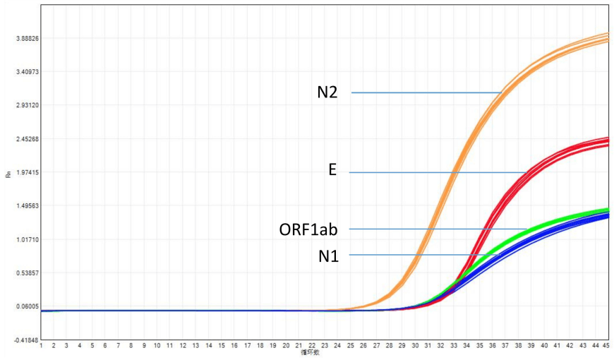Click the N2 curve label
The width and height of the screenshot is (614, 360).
[x=327, y=92]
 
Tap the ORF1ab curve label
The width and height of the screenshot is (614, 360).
[x=308, y=229]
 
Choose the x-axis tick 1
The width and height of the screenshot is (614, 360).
[x=41, y=346]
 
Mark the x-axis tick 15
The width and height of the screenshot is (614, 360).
[x=222, y=346]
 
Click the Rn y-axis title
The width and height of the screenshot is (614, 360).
[x=8, y=174]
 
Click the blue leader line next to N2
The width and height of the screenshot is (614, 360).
[x=423, y=92]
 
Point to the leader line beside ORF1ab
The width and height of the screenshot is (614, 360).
[x=438, y=229]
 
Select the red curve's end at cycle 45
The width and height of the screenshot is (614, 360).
[x=607, y=140]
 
